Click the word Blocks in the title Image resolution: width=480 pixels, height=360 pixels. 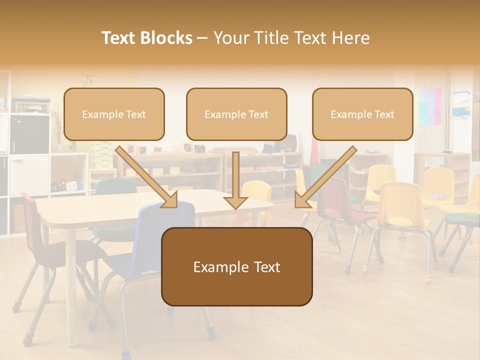click(166, 38)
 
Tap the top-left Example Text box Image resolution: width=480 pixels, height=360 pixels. click(114, 114)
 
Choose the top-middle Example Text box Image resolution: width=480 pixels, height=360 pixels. click(236, 114)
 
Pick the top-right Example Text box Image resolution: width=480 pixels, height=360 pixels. click(362, 114)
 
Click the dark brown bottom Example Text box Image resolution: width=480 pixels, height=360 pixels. click(236, 266)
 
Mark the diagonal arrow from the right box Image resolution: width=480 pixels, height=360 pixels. click(325, 177)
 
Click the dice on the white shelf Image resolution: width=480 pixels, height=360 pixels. click(71, 185)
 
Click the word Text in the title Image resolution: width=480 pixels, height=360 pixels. click(119, 38)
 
